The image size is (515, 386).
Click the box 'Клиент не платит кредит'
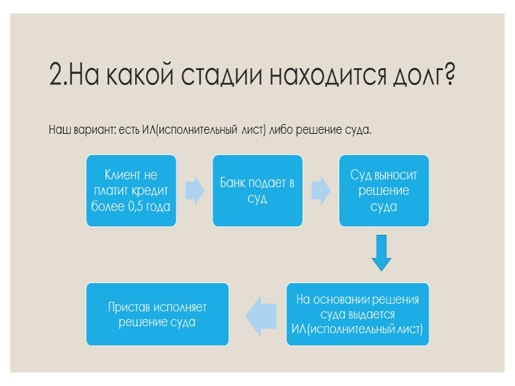coord(131,190)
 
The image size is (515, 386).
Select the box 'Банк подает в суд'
coord(257,190)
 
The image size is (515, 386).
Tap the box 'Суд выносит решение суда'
coord(384,190)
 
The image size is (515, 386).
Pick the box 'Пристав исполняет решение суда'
coord(157,315)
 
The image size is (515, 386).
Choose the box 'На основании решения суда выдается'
coord(357,315)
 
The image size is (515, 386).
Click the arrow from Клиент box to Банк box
coord(194,190)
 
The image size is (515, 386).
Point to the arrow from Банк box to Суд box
coord(321,190)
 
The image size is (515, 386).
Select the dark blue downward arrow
coord(382,253)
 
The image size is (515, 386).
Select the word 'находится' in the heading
coord(322,77)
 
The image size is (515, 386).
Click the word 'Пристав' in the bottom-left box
coord(131,308)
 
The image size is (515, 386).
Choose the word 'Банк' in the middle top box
coord(234,183)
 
